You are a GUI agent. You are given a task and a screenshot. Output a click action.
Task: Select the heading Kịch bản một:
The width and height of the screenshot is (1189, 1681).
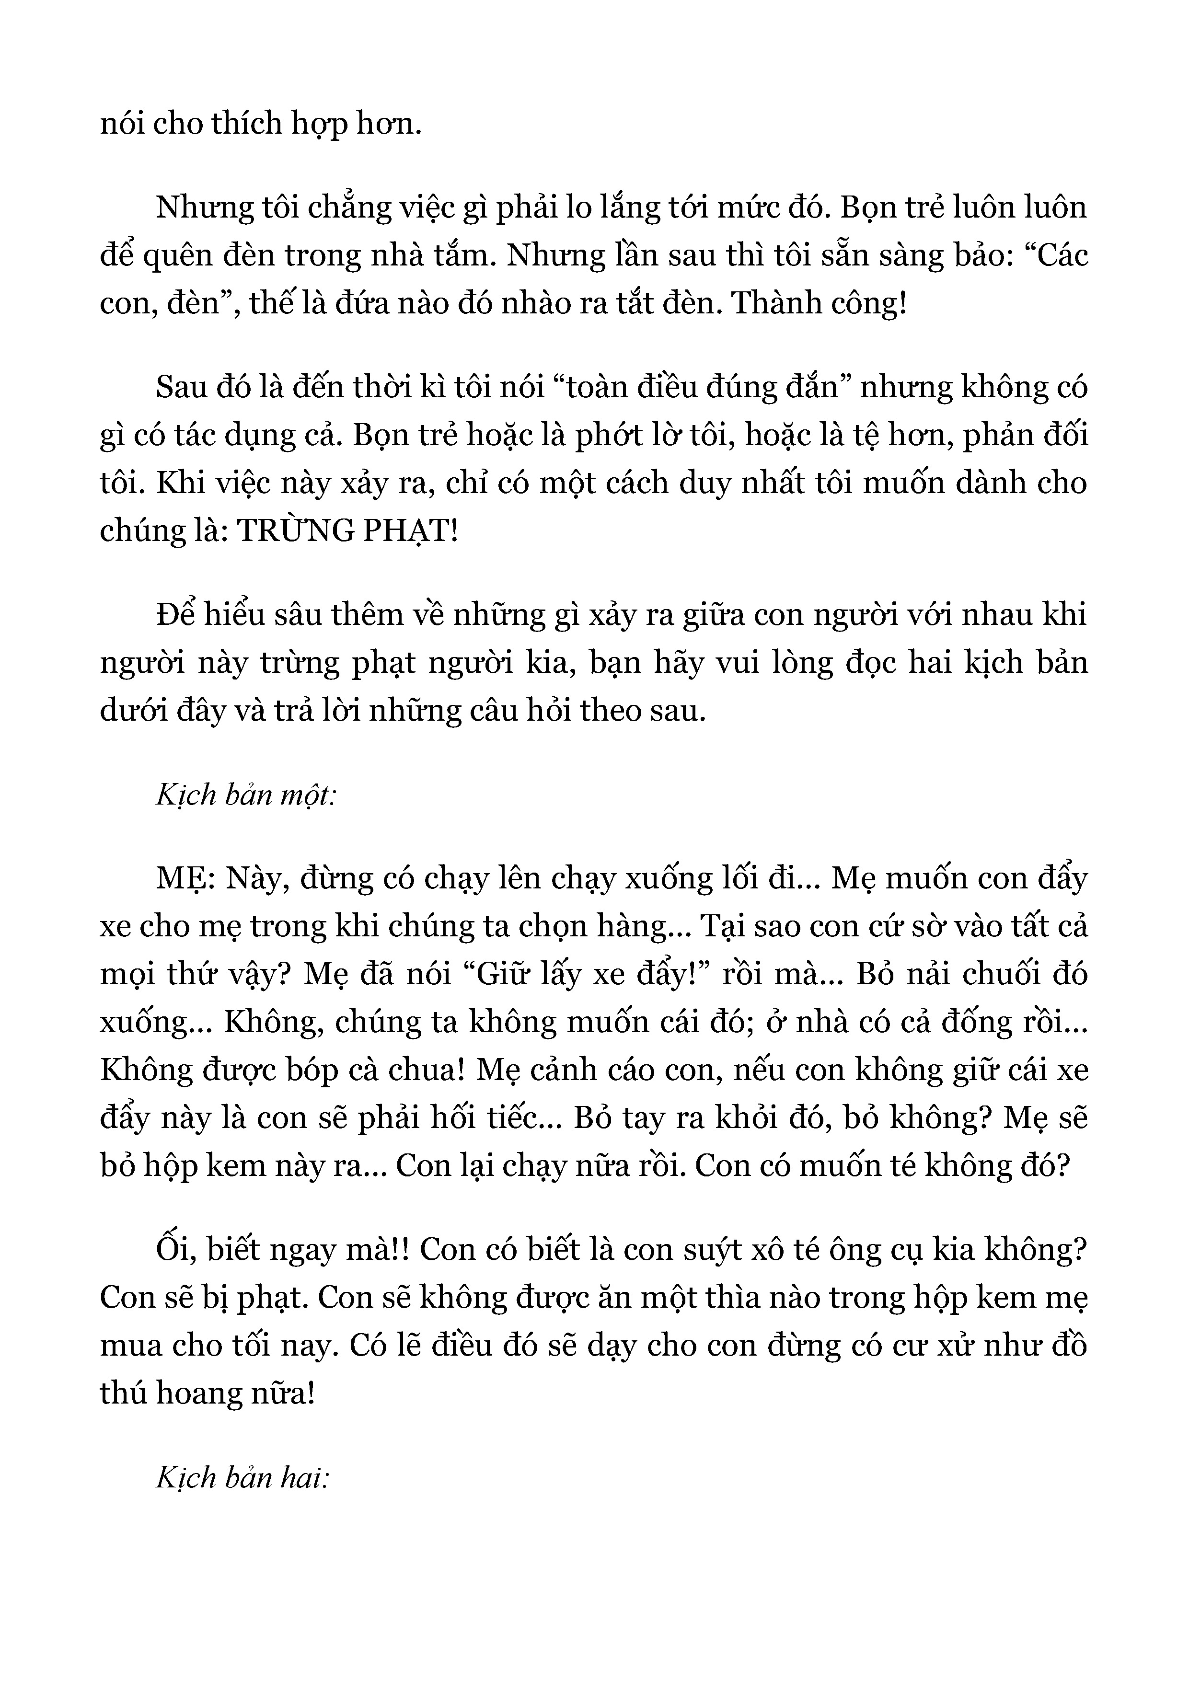tap(246, 794)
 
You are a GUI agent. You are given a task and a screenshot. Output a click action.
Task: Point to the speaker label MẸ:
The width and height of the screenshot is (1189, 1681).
tap(185, 878)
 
